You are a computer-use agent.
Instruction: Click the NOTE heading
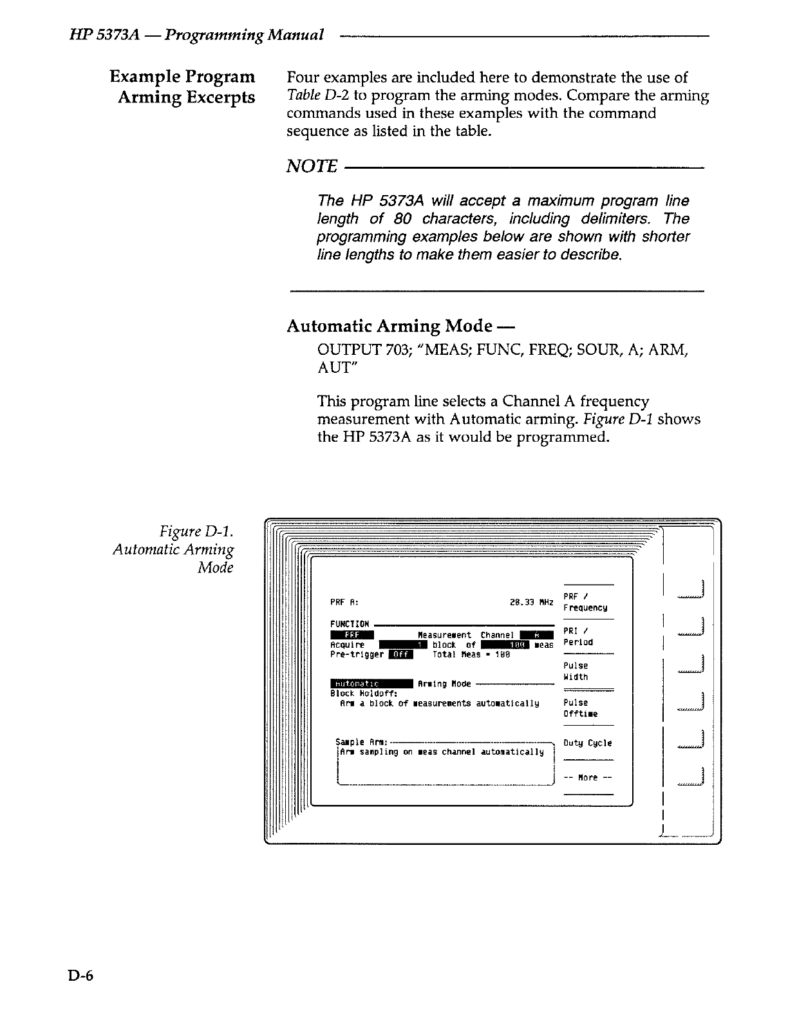click(312, 167)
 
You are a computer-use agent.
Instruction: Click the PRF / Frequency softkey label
click(585, 602)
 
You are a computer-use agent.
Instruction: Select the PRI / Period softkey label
click(578, 636)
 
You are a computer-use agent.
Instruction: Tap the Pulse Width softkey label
click(576, 671)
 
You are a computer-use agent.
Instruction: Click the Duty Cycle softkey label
click(587, 743)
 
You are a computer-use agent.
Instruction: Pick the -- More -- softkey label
click(587, 777)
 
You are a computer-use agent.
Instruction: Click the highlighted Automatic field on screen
click(371, 683)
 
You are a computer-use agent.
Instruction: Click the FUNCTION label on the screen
click(350, 624)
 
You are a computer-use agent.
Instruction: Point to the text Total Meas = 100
click(471, 654)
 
